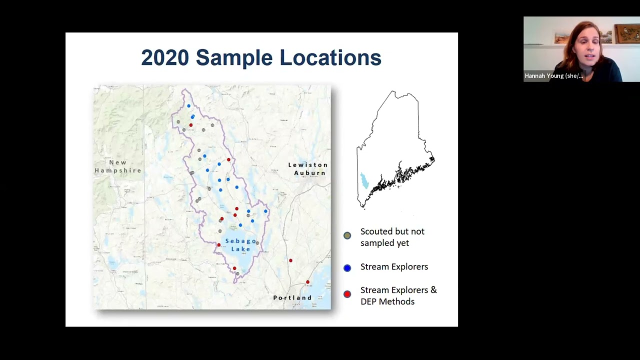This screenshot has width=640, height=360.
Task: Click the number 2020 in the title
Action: tap(165, 58)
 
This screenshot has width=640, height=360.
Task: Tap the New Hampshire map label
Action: tap(118, 166)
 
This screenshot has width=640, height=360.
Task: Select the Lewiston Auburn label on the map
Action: tap(308, 169)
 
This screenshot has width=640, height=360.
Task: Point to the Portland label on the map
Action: tap(292, 297)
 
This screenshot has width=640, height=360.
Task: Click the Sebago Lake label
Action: tap(240, 245)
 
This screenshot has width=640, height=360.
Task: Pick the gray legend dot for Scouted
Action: tap(347, 235)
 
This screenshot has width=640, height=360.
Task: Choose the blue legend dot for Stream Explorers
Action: tap(347, 268)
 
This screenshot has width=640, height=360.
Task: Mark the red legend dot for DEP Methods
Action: tap(347, 294)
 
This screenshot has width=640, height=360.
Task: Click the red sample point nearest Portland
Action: tap(307, 282)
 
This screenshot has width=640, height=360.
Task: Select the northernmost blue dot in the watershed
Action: tap(188, 106)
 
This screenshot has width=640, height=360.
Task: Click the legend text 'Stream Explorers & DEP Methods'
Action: tap(398, 295)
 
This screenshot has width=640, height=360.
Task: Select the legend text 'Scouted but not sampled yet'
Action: tap(392, 237)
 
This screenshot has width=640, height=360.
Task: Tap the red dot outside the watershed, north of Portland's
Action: tap(290, 260)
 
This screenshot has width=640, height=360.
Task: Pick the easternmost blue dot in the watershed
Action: tap(265, 211)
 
